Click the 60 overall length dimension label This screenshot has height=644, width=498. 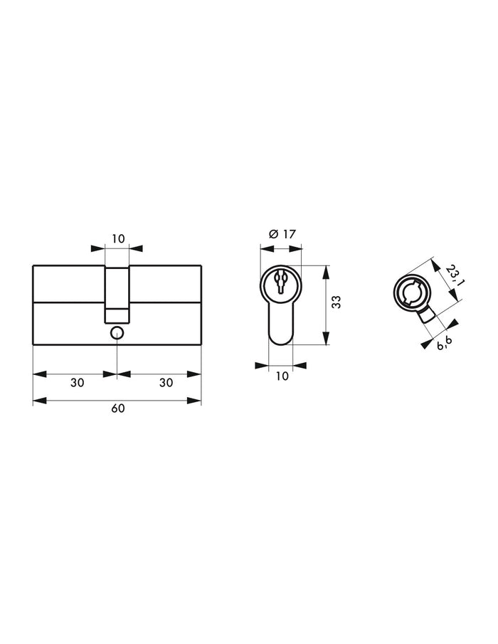point(117,409)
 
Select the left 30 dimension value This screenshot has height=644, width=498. point(77,382)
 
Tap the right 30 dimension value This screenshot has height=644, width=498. point(166,382)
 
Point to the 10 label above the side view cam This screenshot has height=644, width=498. point(117,238)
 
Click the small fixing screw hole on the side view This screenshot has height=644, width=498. point(117,332)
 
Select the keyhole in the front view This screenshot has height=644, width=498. point(281,283)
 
